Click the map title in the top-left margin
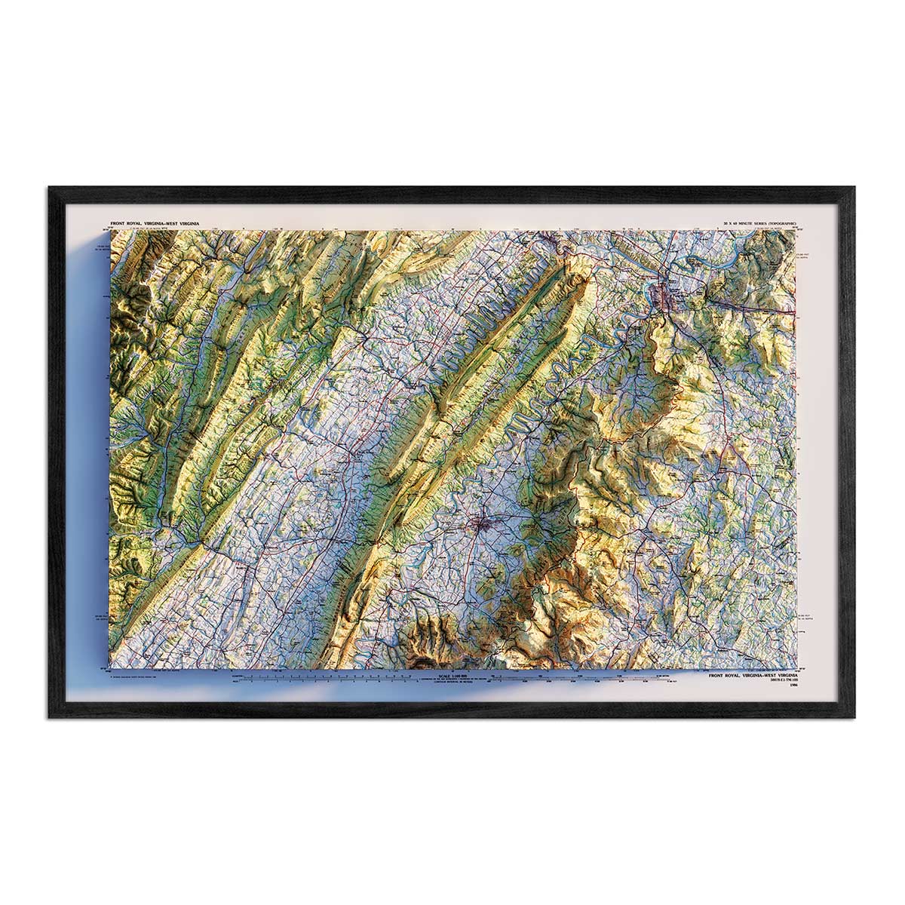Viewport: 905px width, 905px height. (160, 223)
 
